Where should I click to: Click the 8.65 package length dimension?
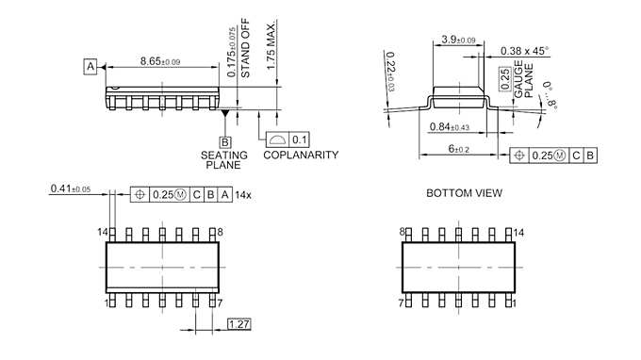click(160, 61)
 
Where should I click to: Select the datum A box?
click(90, 66)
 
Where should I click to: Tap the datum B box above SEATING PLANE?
click(225, 142)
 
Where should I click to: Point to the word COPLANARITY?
click(301, 155)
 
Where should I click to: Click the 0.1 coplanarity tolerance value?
click(299, 139)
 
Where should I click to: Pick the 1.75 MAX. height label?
click(271, 44)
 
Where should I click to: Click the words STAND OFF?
click(245, 48)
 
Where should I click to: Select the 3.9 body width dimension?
click(458, 40)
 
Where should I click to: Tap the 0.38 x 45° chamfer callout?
click(524, 51)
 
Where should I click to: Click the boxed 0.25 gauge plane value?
click(505, 79)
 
